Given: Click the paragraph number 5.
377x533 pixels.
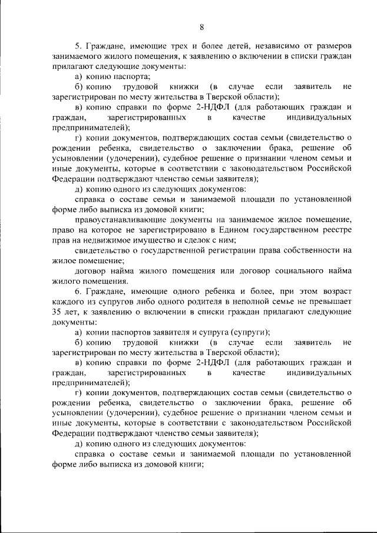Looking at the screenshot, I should click(77, 46).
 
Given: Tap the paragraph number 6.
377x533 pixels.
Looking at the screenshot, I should click(77, 292).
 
